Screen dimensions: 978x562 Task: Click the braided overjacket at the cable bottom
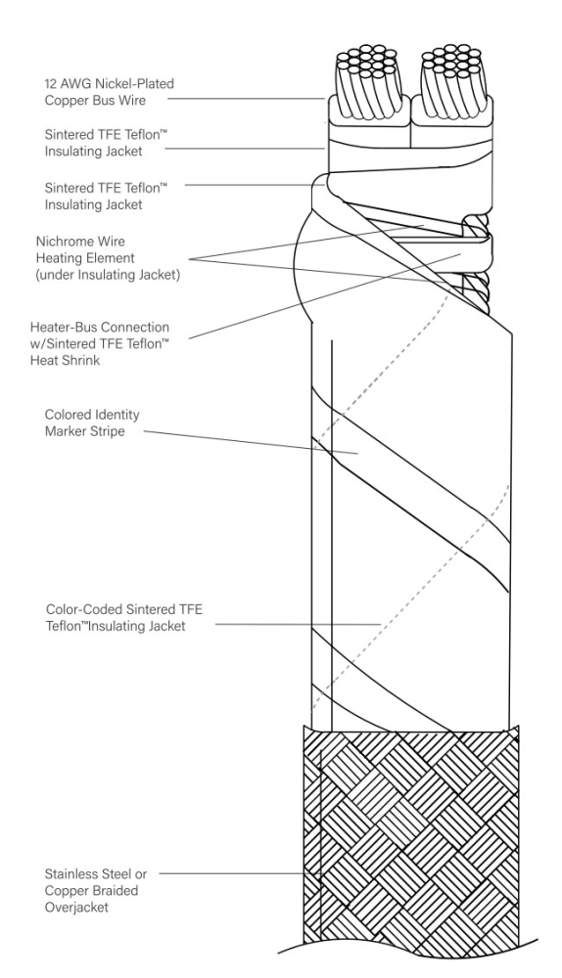point(411,831)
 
